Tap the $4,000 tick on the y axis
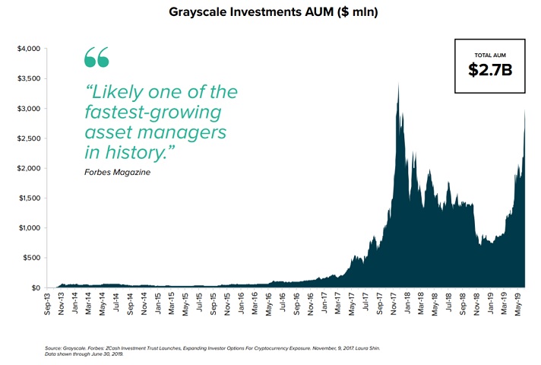(28, 49)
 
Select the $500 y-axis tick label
(31, 258)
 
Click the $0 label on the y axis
(35, 287)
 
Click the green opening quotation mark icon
(96, 57)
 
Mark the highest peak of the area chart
(399, 82)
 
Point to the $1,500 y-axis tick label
(28, 198)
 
